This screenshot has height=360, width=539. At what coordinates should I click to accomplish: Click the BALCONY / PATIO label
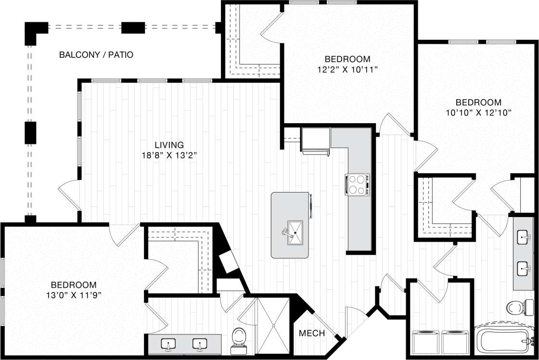[x=96, y=55]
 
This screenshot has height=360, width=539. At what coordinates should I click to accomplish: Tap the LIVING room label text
[x=169, y=144]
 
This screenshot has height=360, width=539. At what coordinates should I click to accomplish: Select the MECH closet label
[x=312, y=333]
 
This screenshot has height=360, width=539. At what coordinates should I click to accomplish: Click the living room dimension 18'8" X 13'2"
[x=169, y=155]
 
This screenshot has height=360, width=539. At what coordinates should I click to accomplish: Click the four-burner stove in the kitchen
[x=358, y=185]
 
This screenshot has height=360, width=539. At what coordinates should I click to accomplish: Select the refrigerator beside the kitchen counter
[x=316, y=141]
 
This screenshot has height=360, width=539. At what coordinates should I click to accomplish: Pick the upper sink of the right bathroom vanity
[x=523, y=237]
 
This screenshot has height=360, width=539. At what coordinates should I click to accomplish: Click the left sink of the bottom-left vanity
[x=168, y=345]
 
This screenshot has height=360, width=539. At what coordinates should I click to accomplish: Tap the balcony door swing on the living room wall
[x=70, y=195]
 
